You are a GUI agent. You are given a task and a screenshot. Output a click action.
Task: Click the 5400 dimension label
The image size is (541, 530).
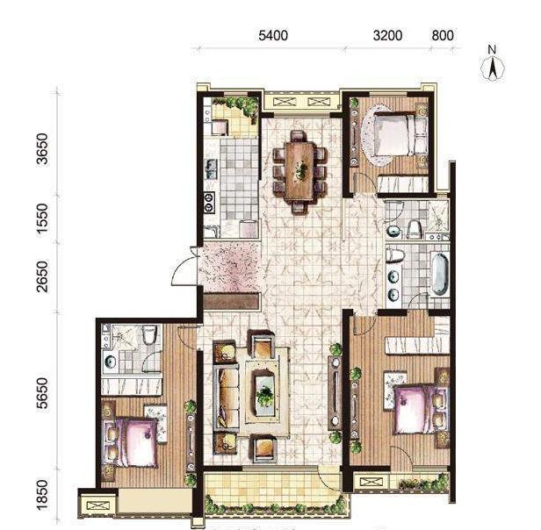coord(273,35)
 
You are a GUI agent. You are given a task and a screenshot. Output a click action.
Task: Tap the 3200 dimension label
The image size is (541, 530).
coord(387,35)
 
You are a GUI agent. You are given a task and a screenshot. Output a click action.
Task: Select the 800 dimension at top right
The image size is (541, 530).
coord(443,35)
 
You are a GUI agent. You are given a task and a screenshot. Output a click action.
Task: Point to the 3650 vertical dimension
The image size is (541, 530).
coord(43,149)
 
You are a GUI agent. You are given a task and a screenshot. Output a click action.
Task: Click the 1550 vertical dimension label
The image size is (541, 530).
coord(43,218)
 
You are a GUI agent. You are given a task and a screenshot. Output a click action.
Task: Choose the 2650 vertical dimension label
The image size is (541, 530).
coord(43,277)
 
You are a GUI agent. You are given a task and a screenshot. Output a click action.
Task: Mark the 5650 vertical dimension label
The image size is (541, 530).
coord(43,393)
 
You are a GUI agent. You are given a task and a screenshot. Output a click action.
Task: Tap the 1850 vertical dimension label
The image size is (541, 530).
coord(43,494)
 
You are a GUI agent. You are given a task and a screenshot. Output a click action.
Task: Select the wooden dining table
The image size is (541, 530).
coord(300,171)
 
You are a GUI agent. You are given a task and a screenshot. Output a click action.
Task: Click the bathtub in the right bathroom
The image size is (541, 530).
coord(439,274)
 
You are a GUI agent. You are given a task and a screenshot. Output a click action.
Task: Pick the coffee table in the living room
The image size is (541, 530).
coord(265,391)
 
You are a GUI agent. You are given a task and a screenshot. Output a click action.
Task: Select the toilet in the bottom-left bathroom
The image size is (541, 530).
coord(149,333)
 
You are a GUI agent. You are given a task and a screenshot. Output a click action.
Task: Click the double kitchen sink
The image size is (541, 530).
coord(211,169)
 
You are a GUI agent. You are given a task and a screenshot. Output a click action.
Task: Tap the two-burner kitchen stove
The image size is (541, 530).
coord(209,202)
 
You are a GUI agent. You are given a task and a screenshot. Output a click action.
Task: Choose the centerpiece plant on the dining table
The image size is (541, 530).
coord(301,169)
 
